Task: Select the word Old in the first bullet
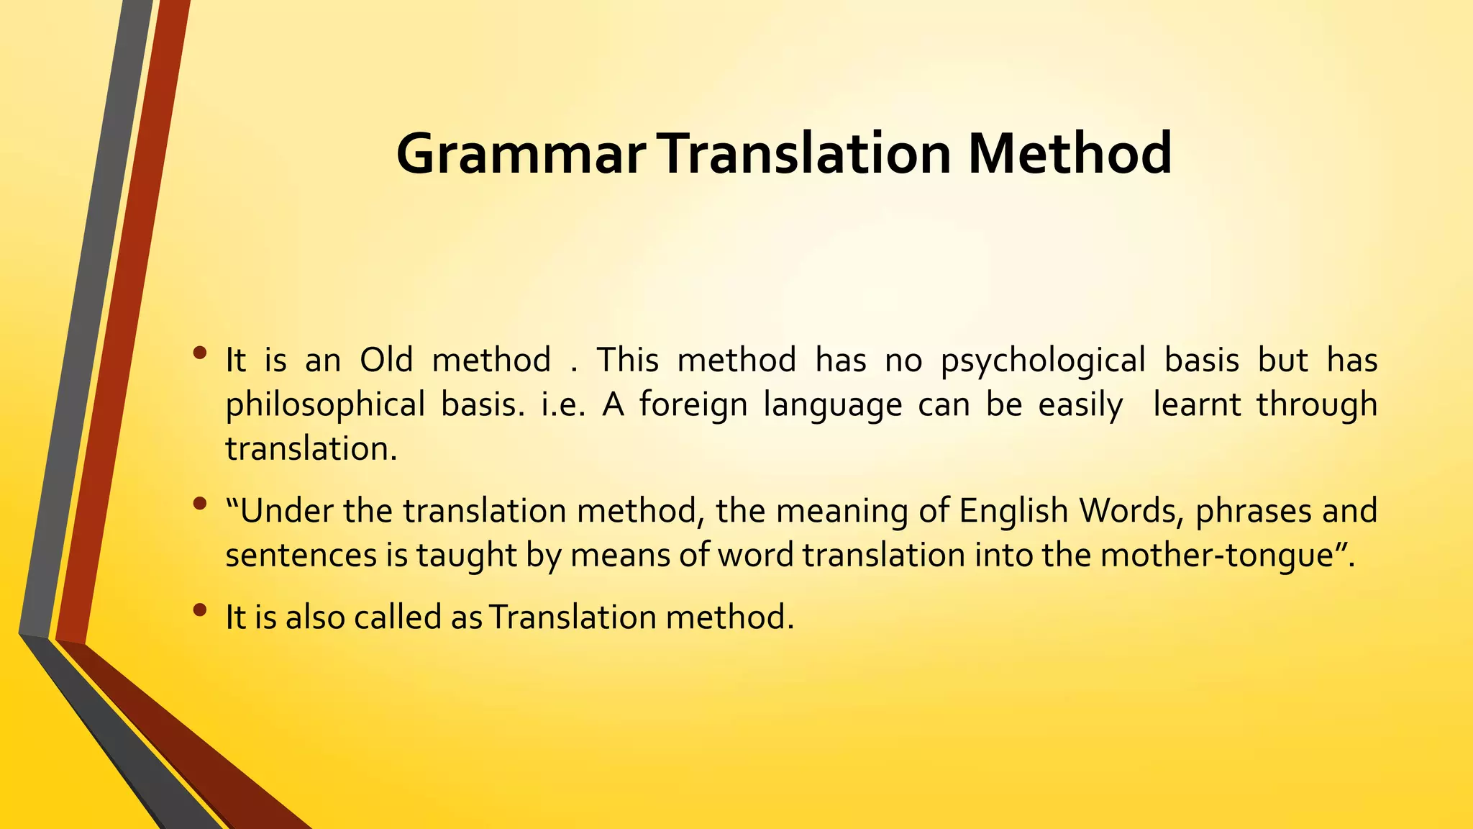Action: point(386,360)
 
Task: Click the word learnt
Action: point(1197,404)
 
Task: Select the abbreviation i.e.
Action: point(564,404)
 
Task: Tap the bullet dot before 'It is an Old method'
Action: point(200,353)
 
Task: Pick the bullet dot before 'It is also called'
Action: point(200,611)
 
